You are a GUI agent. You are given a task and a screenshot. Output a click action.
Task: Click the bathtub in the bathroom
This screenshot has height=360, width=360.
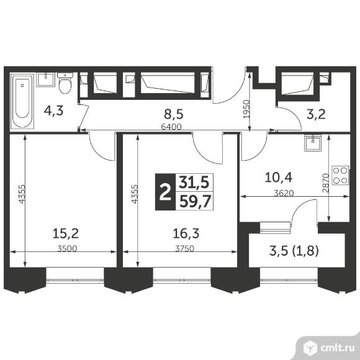(22, 101)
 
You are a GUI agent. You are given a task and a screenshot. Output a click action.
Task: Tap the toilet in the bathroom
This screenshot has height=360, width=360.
(65, 83)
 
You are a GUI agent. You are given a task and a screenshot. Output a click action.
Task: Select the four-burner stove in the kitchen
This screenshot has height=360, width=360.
(340, 175)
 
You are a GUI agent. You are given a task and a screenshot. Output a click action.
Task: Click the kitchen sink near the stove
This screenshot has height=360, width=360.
(313, 142)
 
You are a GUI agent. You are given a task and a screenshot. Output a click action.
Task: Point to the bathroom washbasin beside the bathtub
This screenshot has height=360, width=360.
(46, 79)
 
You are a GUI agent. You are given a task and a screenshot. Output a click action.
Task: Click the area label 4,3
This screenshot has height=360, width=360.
(53, 111)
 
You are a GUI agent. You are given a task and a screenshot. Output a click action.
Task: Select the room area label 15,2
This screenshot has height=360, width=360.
(66, 233)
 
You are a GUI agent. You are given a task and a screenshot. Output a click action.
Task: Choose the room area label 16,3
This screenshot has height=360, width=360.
(186, 233)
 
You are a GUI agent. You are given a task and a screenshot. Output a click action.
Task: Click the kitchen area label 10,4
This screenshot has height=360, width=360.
(279, 178)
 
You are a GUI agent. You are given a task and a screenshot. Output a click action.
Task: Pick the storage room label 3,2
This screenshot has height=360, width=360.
(316, 114)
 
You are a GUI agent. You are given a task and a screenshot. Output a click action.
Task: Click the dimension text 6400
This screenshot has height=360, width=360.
(171, 127)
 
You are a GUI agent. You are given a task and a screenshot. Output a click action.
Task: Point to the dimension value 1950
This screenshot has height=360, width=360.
(246, 109)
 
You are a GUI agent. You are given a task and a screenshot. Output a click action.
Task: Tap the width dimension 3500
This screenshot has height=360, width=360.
(67, 248)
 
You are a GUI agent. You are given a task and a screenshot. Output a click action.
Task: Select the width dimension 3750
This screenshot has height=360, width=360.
(184, 248)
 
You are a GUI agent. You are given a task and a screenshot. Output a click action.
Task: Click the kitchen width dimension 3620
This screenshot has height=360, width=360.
(284, 193)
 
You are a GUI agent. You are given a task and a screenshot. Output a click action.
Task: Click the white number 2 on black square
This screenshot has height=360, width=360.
(165, 192)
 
